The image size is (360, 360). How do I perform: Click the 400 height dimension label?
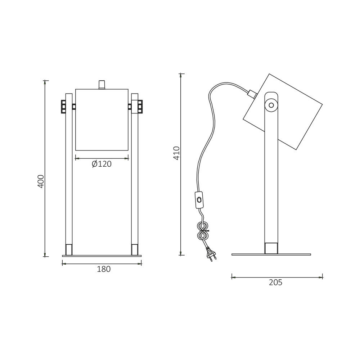pos(41,181)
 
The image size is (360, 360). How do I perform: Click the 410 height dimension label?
pos(176,153)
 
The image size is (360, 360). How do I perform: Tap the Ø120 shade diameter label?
pos(102,164)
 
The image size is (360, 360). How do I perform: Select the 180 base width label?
pos(104,269)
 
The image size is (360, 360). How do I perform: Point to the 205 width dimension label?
pos(275,283)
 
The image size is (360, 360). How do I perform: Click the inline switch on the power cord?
pos(199,200)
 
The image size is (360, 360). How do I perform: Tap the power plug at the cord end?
pos(211,254)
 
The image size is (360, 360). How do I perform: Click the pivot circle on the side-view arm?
pos(271,105)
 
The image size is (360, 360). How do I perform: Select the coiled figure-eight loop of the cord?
pos(203,231)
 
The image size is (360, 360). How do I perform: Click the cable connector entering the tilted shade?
pos(252,94)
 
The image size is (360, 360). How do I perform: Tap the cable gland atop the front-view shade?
pos(102,85)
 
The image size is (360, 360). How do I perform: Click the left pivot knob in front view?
pos(64,107)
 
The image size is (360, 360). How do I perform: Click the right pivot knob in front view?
pos(140,107)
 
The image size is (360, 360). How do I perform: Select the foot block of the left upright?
pos(69,249)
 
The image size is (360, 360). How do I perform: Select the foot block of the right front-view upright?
pos(135,249)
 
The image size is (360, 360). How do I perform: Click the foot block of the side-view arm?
pos(271,248)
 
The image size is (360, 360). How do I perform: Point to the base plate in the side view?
pos(271,255)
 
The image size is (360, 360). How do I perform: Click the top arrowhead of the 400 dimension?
pos(45,82)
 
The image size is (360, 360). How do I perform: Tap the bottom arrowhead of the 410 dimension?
pos(181,253)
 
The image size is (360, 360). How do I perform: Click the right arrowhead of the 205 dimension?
pos(320,278)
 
